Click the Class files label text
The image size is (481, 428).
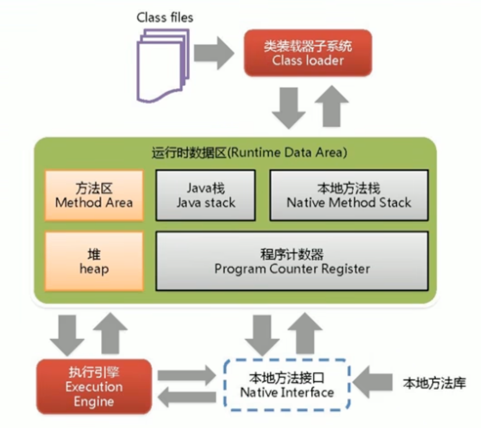pyautogui.click(x=165, y=18)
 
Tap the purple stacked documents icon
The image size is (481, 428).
pyautogui.click(x=163, y=65)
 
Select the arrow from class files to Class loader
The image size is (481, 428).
pyautogui.click(x=214, y=53)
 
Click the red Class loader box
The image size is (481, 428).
pyautogui.click(x=308, y=53)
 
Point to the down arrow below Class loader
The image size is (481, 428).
pyautogui.click(x=289, y=108)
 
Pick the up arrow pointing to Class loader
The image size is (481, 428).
pyautogui.click(x=331, y=106)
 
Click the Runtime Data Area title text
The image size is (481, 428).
pyautogui.click(x=249, y=152)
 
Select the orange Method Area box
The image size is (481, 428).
pyautogui.click(x=94, y=195)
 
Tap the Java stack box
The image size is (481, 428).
pyautogui.click(x=206, y=195)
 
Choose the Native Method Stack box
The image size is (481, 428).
pyautogui.click(x=349, y=195)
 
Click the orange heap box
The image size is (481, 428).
pyautogui.click(x=94, y=261)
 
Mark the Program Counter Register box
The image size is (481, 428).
pyautogui.click(x=292, y=261)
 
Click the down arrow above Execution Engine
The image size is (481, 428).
pyautogui.click(x=67, y=335)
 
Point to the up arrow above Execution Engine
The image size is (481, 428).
pyautogui.click(x=110, y=333)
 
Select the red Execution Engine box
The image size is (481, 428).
pyautogui.click(x=94, y=387)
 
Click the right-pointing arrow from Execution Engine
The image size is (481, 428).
pyautogui.click(x=187, y=375)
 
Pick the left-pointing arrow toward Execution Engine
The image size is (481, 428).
pyautogui.click(x=187, y=397)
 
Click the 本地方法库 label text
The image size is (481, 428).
pyautogui.click(x=434, y=383)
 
